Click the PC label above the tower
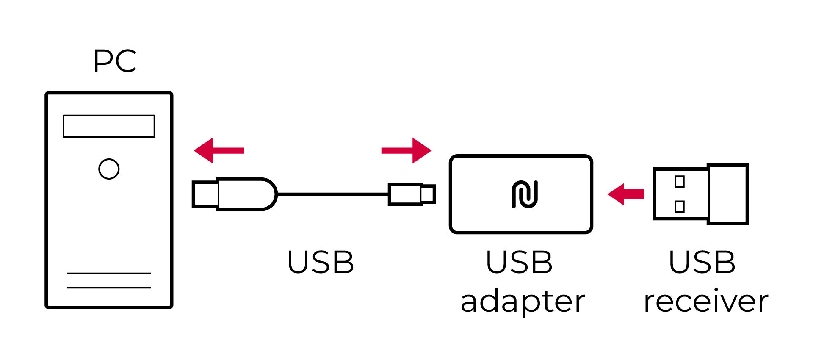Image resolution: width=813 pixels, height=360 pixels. tap(115, 61)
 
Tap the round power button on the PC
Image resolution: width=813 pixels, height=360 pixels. tap(109, 169)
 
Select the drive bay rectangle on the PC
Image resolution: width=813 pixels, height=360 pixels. tap(109, 126)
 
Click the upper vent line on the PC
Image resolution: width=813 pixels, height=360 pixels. tap(109, 274)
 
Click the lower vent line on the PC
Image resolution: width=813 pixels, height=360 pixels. tap(109, 288)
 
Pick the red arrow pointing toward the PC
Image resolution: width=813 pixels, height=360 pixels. tap(218, 150)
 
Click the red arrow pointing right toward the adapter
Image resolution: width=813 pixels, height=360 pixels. tap(406, 150)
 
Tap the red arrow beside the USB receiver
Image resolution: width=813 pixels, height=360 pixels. tap(625, 194)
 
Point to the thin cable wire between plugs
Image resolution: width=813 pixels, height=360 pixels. tap(332, 194)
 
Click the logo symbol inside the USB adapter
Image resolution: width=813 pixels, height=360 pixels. tap(525, 194)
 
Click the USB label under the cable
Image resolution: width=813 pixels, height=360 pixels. tap(321, 262)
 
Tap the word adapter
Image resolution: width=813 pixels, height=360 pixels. tap(523, 302)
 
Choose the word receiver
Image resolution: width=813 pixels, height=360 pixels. tap(706, 302)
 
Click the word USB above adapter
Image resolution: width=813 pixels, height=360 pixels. tap(519, 262)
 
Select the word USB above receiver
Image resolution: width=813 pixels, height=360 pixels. tap(702, 262)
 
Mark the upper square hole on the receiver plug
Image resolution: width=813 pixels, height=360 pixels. tap(679, 182)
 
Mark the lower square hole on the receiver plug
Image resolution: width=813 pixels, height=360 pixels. tap(679, 207)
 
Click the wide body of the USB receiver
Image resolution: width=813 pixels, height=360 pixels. tap(727, 194)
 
